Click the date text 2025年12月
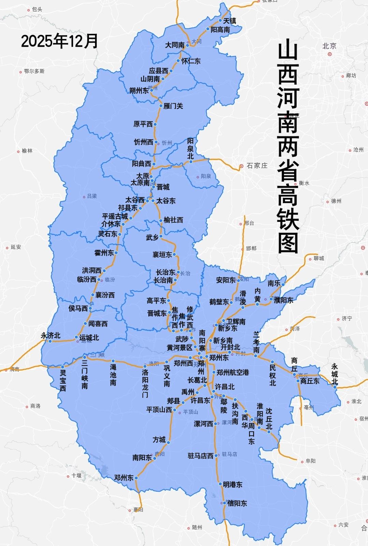coord(59,41)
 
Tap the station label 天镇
coord(230,20)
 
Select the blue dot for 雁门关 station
coord(161,106)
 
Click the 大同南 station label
coord(175,45)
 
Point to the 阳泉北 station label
coord(190,149)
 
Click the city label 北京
coord(329,45)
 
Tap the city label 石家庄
coord(257,166)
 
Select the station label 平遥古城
coord(115,216)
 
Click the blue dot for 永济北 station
coord(50,341)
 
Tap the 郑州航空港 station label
coord(233,372)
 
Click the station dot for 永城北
coord(335,387)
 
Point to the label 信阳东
coord(237,503)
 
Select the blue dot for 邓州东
coord(136,478)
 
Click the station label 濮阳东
coord(283,300)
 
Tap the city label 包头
coord(37,10)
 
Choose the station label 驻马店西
coord(201,456)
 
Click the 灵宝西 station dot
coord(62,367)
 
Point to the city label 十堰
coord(76,475)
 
